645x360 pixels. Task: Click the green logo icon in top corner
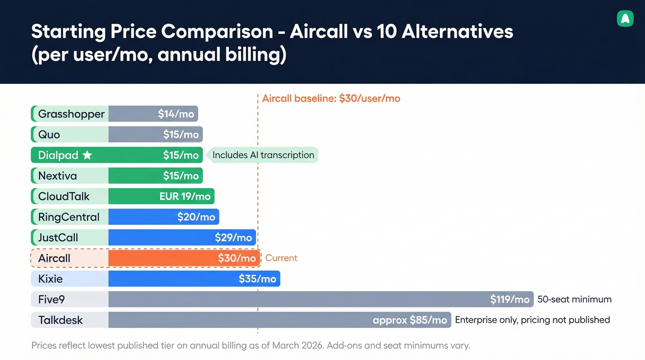point(625,18)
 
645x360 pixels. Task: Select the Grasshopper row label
point(71,114)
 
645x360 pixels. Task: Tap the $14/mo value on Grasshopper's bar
point(176,114)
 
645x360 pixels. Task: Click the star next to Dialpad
point(87,155)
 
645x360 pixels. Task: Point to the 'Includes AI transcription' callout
point(263,155)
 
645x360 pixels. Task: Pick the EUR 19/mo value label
point(185,196)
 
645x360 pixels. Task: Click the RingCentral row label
point(69,217)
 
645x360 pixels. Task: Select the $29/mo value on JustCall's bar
point(233,238)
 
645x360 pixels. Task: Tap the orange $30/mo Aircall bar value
point(237,258)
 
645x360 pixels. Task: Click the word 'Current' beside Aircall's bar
point(281,258)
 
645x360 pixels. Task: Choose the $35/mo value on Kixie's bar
point(257,279)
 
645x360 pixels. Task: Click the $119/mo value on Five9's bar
point(510,300)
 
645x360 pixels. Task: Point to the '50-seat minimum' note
point(575,300)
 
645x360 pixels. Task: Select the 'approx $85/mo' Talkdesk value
point(410,320)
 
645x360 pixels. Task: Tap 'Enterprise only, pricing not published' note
point(532,320)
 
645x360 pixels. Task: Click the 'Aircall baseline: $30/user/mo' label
point(331,98)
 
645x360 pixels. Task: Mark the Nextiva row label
point(58,176)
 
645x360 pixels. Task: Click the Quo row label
point(49,135)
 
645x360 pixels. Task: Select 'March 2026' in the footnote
point(297,345)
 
